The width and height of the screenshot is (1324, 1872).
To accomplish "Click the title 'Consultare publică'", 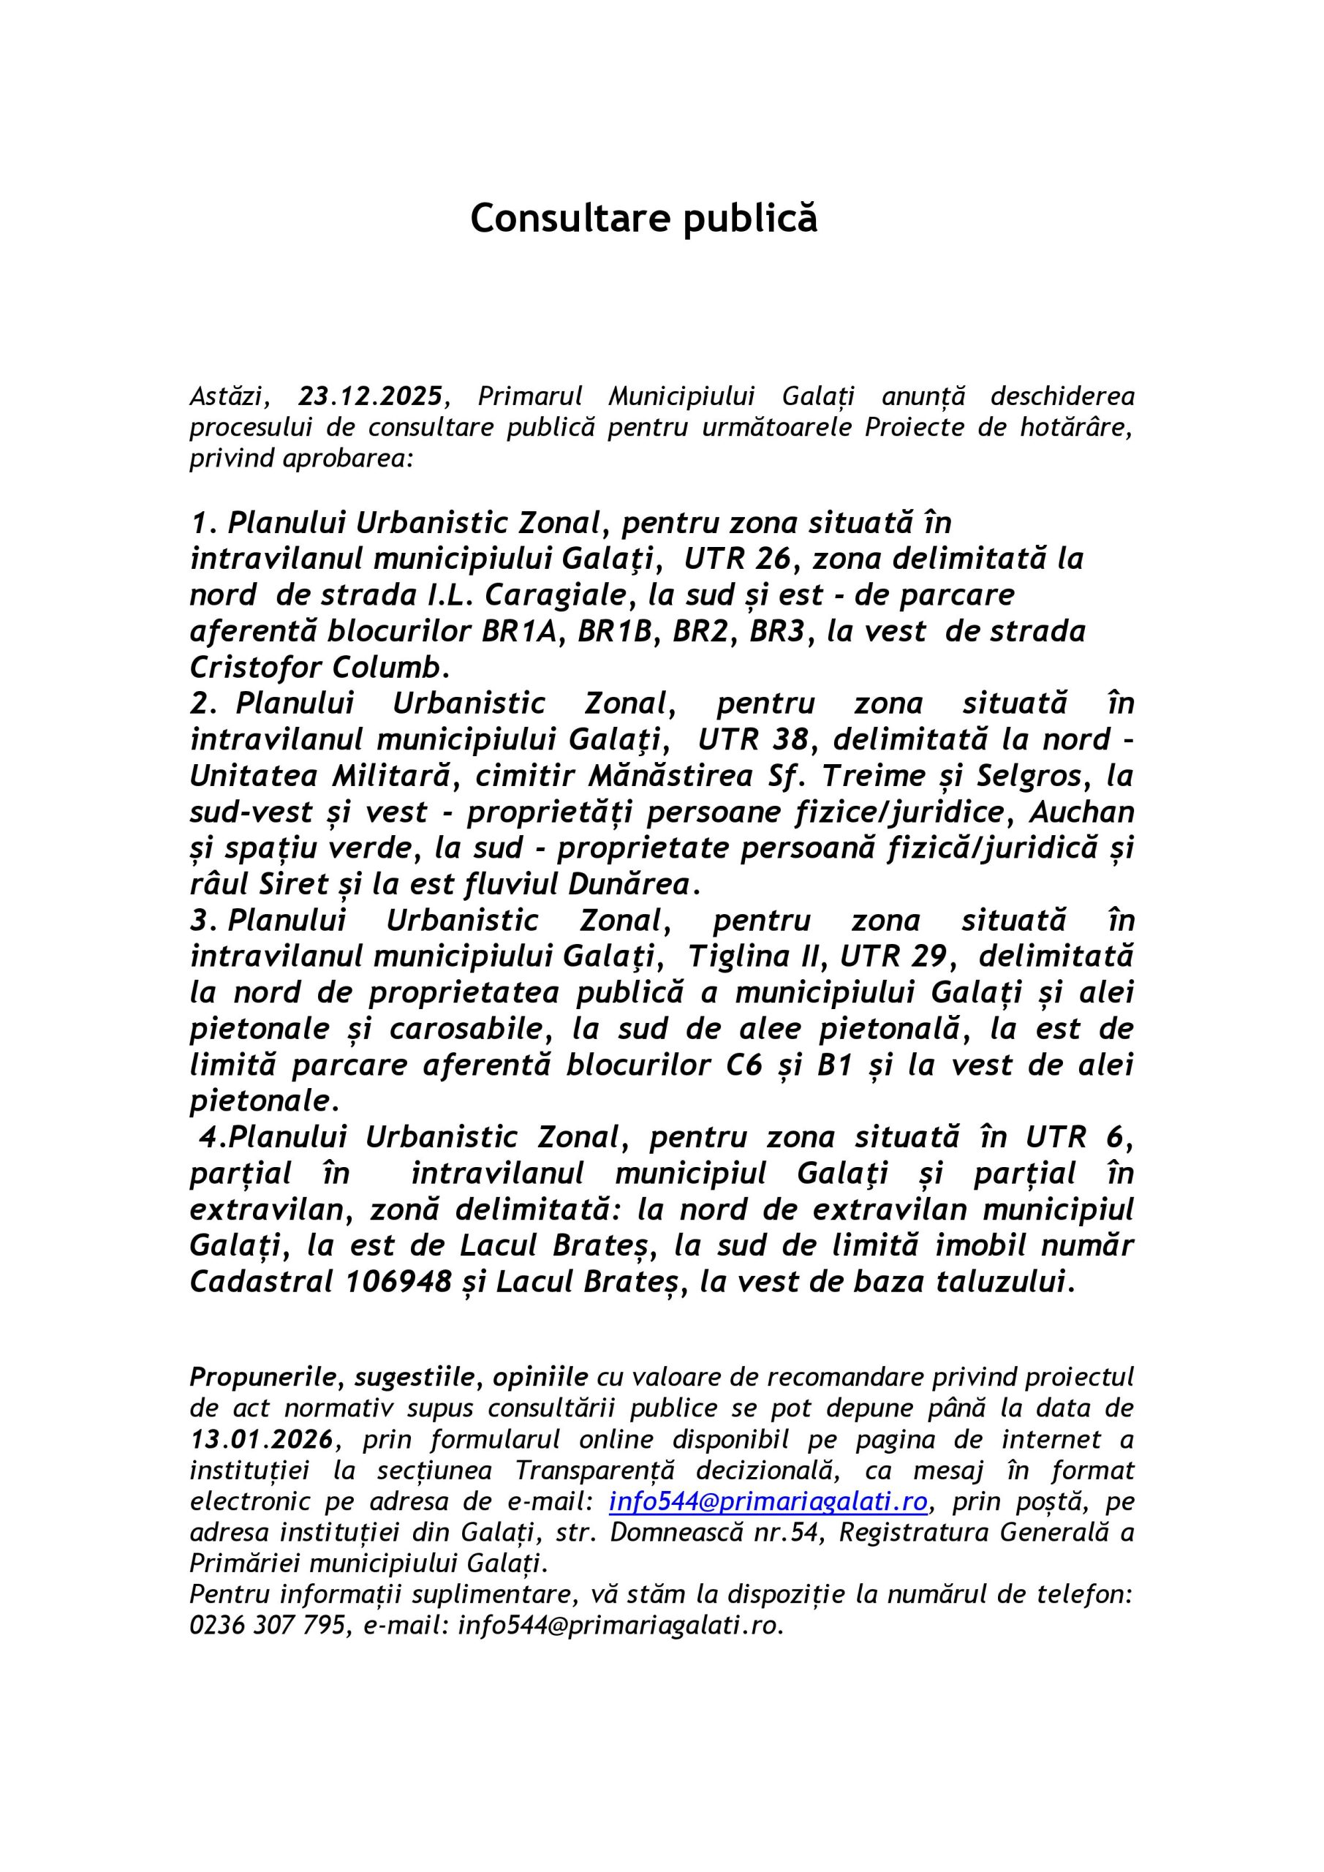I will coord(643,219).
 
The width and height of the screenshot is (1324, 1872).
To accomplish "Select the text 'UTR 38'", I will coord(754,739).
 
